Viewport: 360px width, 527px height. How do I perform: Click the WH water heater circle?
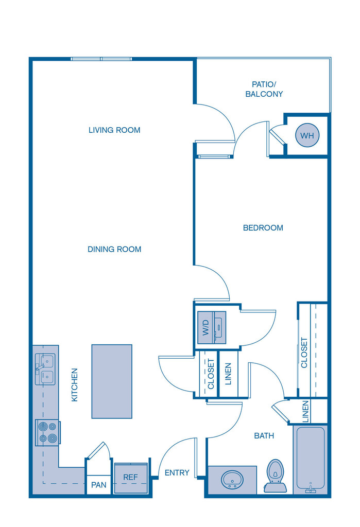pyautogui.click(x=307, y=135)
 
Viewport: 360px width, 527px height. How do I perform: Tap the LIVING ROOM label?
pyautogui.click(x=114, y=130)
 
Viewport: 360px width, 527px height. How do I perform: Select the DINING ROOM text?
pyautogui.click(x=114, y=250)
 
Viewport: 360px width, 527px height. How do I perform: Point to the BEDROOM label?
pyautogui.click(x=263, y=228)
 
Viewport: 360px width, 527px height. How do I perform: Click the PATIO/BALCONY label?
pyautogui.click(x=264, y=89)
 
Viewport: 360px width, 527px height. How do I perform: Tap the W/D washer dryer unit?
pyautogui.click(x=212, y=328)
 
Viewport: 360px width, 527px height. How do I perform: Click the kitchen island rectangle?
pyautogui.click(x=112, y=381)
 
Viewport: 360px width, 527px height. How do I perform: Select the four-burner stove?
pyautogui.click(x=48, y=432)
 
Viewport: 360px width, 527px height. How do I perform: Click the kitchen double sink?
pyautogui.click(x=45, y=369)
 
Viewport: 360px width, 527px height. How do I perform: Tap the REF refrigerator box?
pyautogui.click(x=131, y=478)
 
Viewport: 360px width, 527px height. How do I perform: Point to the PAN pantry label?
pyautogui.click(x=98, y=485)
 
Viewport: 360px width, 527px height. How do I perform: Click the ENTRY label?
pyautogui.click(x=177, y=473)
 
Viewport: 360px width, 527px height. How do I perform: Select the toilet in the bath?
pyautogui.click(x=275, y=476)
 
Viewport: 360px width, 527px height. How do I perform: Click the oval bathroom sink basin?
pyautogui.click(x=232, y=479)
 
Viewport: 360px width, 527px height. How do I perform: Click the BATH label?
pyautogui.click(x=264, y=436)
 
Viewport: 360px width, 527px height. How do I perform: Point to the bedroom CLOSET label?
pyautogui.click(x=304, y=353)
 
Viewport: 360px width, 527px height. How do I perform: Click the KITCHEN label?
pyautogui.click(x=75, y=385)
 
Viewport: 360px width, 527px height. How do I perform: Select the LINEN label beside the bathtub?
pyautogui.click(x=305, y=411)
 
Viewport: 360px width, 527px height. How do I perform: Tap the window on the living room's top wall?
pyautogui.click(x=101, y=59)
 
